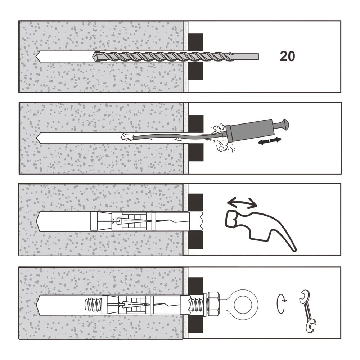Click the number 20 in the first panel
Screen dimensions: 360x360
tap(287, 56)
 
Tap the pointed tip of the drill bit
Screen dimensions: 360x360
tap(94, 56)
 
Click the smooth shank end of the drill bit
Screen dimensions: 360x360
tap(258, 57)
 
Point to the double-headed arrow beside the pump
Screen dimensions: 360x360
tap(270, 141)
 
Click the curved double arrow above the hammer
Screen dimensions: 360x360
tap(242, 202)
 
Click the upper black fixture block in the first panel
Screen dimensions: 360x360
tap(195, 42)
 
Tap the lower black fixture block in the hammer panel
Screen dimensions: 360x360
tap(195, 240)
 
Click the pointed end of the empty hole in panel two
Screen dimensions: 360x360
tap(37, 138)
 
